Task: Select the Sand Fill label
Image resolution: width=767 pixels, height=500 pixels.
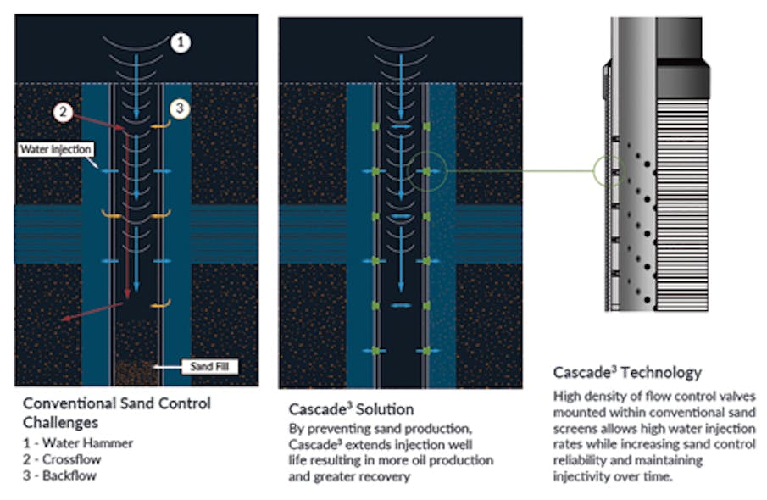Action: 208,367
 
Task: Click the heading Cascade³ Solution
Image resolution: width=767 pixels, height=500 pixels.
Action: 351,409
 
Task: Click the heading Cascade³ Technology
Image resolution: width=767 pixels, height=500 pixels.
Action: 627,372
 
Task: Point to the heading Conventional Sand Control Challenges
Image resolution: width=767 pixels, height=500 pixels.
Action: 116,411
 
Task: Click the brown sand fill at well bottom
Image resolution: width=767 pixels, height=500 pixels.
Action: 136,371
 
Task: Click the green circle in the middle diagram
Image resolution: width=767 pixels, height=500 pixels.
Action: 425,172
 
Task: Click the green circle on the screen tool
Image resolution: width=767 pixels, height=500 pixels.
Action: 609,172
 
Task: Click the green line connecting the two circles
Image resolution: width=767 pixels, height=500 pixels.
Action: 517,172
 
